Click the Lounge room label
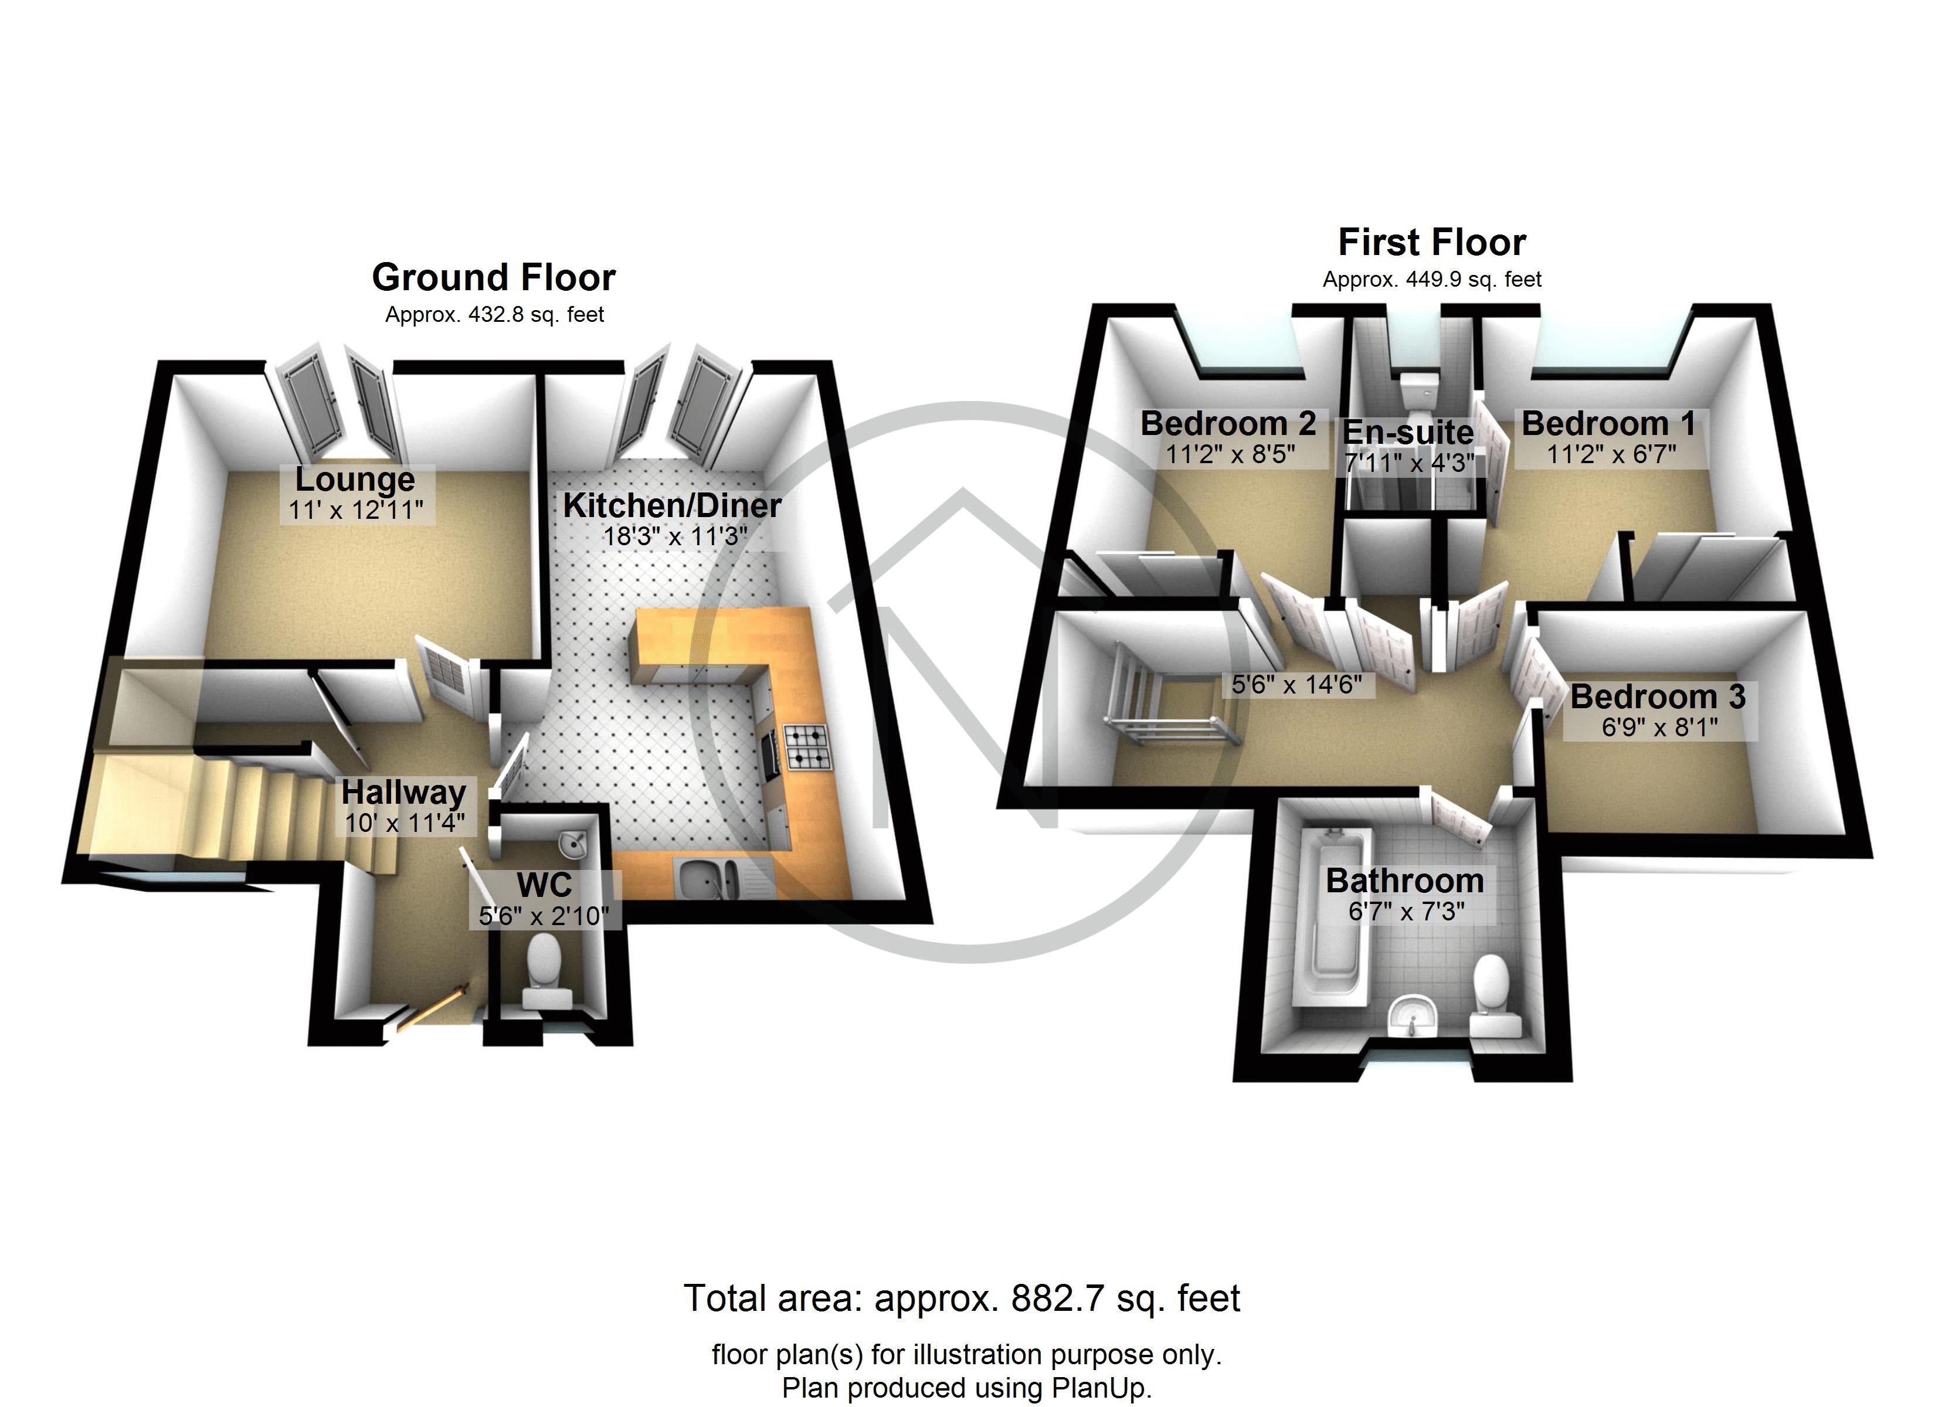pos(355,480)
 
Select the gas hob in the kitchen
pos(806,747)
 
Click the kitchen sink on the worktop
pos(709,878)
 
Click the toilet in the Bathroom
pos(1491,990)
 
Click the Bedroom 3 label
pos(1658,697)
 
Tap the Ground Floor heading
pos(493,277)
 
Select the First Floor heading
pos(1432,242)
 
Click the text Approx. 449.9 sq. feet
pos(1432,280)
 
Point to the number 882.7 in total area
pos(1053,1299)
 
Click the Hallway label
pos(403,793)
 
